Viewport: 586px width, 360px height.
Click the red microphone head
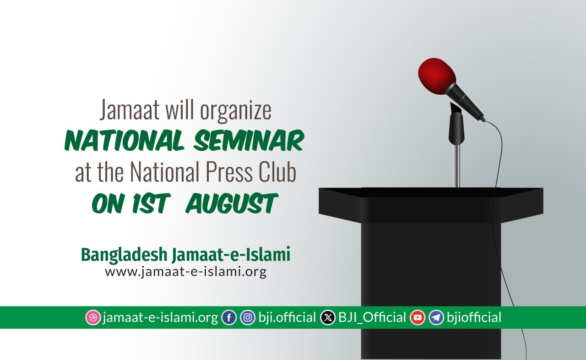(x=437, y=76)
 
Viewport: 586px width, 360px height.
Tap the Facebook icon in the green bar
(x=229, y=317)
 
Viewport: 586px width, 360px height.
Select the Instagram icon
(x=248, y=317)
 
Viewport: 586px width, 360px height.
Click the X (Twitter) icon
(x=328, y=317)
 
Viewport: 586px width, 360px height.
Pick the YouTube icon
(x=418, y=317)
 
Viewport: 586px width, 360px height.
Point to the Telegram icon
(x=436, y=317)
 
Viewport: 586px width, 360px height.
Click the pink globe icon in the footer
(x=93, y=317)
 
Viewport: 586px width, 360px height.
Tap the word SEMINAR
(x=249, y=140)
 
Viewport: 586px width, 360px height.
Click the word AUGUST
(x=231, y=204)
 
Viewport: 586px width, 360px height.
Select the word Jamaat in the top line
(x=130, y=110)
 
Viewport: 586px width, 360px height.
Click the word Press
(x=229, y=172)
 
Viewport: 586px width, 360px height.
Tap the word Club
(x=277, y=172)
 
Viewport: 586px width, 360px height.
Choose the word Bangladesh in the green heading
(x=124, y=255)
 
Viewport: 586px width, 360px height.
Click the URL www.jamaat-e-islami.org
(x=186, y=272)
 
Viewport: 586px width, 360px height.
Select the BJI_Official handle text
(x=372, y=317)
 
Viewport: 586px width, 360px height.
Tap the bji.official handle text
(x=287, y=317)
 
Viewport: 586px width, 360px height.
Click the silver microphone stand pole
(x=456, y=166)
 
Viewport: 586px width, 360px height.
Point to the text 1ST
(x=150, y=204)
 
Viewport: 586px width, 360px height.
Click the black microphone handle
(x=465, y=102)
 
